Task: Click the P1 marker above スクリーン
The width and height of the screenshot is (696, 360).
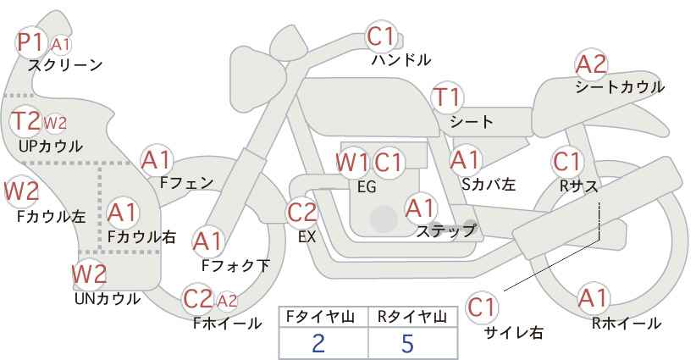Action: click(x=30, y=42)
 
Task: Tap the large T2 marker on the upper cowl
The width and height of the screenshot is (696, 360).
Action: click(x=25, y=121)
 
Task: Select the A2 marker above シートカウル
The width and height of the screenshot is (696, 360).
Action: click(x=591, y=64)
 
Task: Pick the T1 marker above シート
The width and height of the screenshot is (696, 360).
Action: click(x=448, y=97)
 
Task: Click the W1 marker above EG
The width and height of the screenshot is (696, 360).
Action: click(x=352, y=163)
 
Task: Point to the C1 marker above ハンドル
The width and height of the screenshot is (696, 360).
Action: click(x=381, y=36)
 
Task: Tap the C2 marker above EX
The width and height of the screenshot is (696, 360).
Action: click(x=301, y=213)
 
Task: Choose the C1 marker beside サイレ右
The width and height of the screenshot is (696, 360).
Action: click(x=481, y=307)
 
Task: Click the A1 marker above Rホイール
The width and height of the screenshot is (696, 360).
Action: click(x=593, y=298)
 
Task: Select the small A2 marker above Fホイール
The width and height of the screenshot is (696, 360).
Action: click(x=227, y=302)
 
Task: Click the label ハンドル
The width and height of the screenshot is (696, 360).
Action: click(x=401, y=60)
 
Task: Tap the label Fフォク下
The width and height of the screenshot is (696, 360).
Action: click(x=235, y=265)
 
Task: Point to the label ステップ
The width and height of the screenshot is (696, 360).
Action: click(x=445, y=231)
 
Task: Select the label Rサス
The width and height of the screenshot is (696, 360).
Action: click(x=578, y=186)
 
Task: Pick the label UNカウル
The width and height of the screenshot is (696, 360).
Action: click(x=108, y=299)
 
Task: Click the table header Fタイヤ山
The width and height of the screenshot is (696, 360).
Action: click(x=320, y=317)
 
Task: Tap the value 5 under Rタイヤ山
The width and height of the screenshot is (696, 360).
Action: click(x=407, y=343)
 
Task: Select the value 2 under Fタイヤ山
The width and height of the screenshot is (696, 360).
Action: click(x=318, y=343)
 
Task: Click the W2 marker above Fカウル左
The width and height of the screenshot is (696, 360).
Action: click(x=21, y=191)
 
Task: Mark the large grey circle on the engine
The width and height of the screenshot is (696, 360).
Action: click(x=384, y=219)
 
